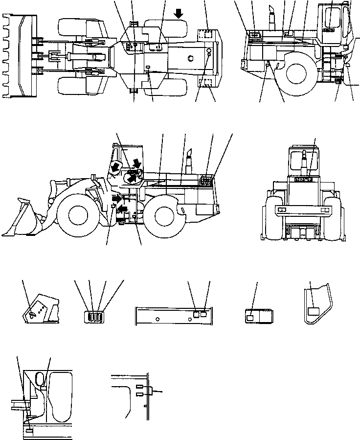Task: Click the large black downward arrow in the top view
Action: click(x=180, y=13)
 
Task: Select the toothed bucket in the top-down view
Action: click(x=21, y=54)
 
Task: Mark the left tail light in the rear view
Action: click(x=282, y=210)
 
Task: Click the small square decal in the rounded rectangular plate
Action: click(x=250, y=318)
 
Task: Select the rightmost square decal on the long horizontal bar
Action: click(x=203, y=315)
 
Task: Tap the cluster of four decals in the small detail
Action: click(x=95, y=316)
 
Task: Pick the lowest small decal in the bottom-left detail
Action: click(x=29, y=431)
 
